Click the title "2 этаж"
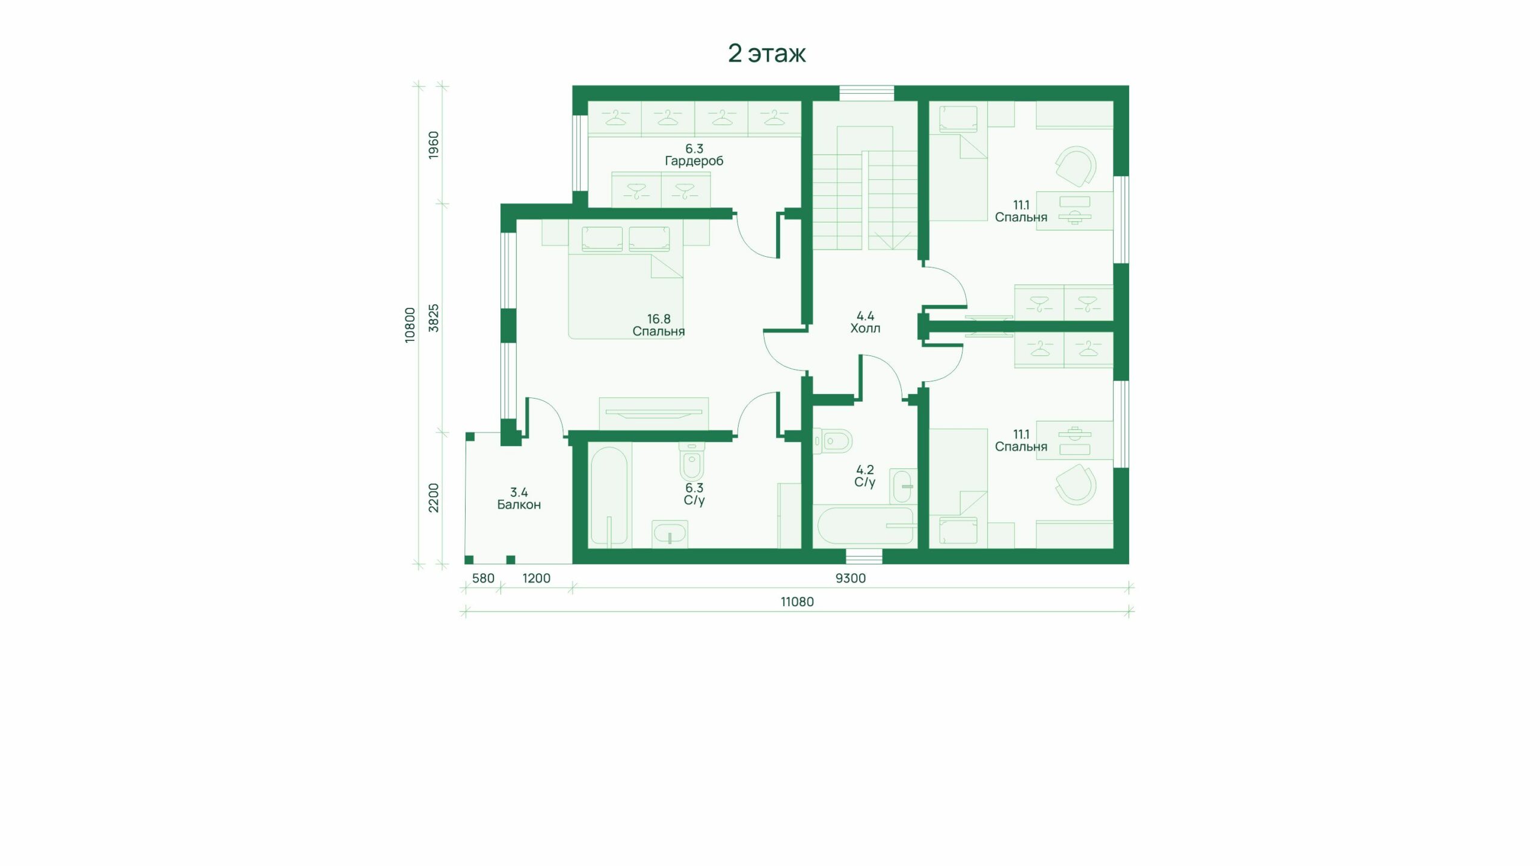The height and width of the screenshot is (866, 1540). pos(767,54)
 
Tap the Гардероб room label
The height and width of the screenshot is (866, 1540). pos(694,155)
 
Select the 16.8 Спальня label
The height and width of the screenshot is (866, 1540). pos(659,325)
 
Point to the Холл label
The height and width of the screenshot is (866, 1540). pos(865,322)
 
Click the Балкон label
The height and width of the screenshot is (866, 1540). pos(519,499)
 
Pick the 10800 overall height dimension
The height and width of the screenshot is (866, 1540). pos(410,325)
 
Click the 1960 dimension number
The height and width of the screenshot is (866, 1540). pos(434,145)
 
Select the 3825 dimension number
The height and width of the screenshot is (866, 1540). pos(434,318)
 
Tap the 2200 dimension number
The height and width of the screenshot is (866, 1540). pos(434,498)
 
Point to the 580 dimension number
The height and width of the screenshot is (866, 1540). pos(483,579)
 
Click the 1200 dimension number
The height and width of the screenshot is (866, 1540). pos(536,579)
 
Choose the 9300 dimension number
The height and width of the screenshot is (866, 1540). pos(851,579)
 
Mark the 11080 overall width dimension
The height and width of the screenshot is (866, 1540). pos(797,602)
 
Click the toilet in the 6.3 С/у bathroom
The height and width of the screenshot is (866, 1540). pos(691,460)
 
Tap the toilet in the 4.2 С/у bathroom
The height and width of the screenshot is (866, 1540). pos(833,441)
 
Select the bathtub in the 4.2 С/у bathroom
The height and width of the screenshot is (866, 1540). pos(864,525)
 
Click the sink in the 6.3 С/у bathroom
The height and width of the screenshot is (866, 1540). pos(670,534)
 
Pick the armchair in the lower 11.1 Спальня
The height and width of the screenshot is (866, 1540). pos(1076,484)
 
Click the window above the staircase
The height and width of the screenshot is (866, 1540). pos(867,93)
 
